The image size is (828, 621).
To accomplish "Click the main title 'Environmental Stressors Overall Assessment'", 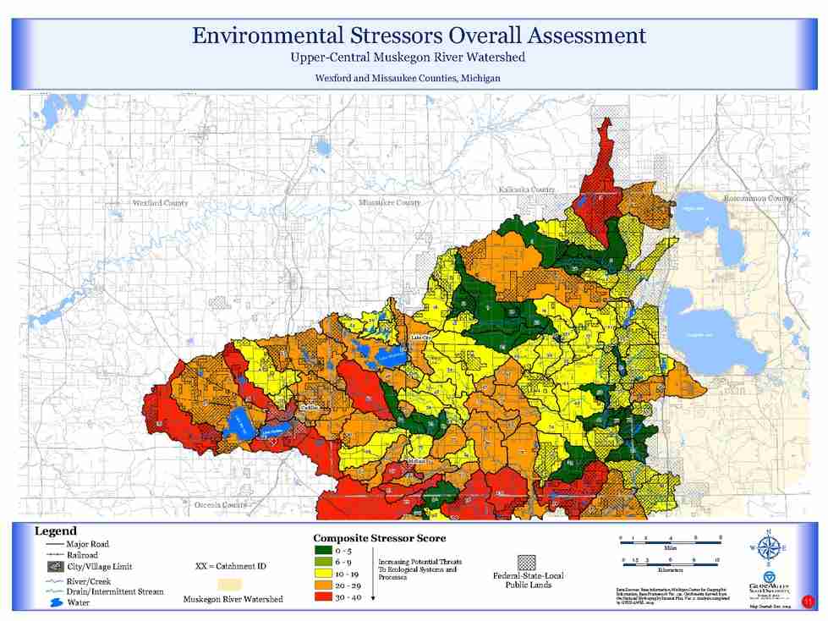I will tap(419, 36).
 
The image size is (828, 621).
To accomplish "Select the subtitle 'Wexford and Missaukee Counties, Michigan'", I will tap(408, 78).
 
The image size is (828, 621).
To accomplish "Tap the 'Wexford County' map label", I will tap(160, 203).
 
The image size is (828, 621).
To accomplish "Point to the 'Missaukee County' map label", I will tap(389, 203).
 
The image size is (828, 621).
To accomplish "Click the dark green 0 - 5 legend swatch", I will tap(324, 551).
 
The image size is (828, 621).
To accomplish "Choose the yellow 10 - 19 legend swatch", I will tap(324, 573).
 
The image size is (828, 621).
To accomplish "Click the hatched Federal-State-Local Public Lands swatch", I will tap(528, 562).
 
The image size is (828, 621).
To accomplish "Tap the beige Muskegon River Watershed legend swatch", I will tap(230, 585).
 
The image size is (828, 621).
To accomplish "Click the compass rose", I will tap(768, 547).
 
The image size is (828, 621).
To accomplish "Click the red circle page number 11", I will tap(808, 602).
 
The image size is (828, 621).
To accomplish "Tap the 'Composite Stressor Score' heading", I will tap(379, 538).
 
